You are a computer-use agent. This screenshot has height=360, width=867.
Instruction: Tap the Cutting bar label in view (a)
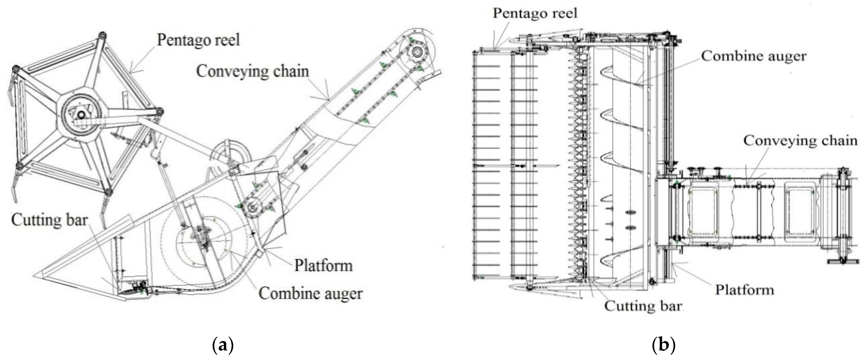tap(49, 220)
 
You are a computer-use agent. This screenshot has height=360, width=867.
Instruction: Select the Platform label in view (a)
tap(324, 265)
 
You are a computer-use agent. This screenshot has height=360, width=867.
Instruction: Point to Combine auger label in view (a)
tap(310, 293)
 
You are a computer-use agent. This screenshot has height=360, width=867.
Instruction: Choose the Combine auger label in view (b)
tap(754, 56)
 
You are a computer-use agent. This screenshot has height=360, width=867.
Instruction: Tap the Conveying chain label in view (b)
tap(800, 141)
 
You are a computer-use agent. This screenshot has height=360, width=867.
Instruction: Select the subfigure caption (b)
tap(663, 345)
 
